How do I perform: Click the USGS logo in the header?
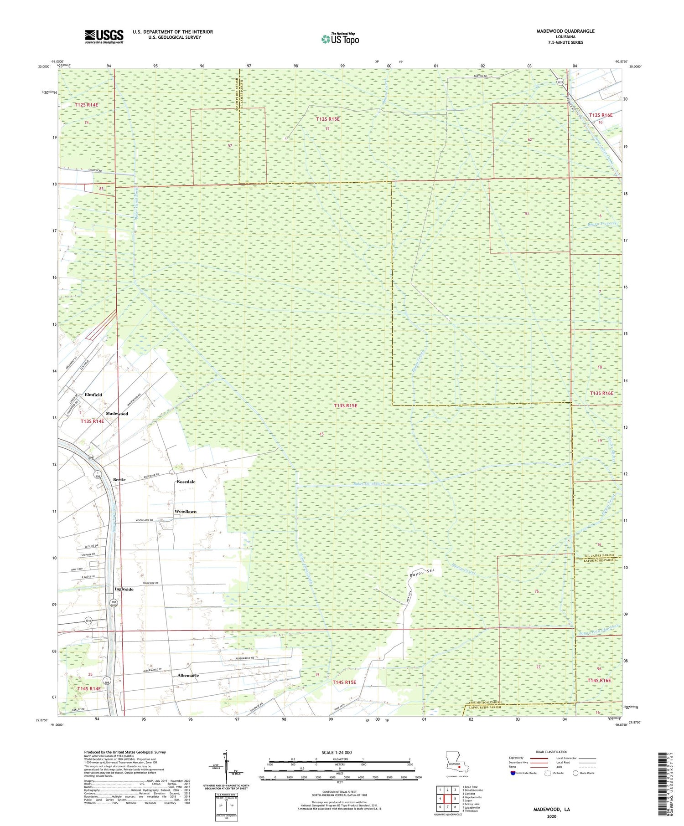[104, 36]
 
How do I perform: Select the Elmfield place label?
[93, 395]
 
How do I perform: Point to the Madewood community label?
[117, 414]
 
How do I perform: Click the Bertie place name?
[119, 480]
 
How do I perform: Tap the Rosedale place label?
[186, 482]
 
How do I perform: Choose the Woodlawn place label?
[185, 512]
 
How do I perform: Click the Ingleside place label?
[124, 589]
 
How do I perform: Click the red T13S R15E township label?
[345, 405]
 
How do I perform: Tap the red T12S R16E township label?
[601, 115]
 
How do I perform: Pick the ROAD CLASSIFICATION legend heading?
[552, 752]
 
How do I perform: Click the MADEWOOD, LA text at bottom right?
[551, 809]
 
